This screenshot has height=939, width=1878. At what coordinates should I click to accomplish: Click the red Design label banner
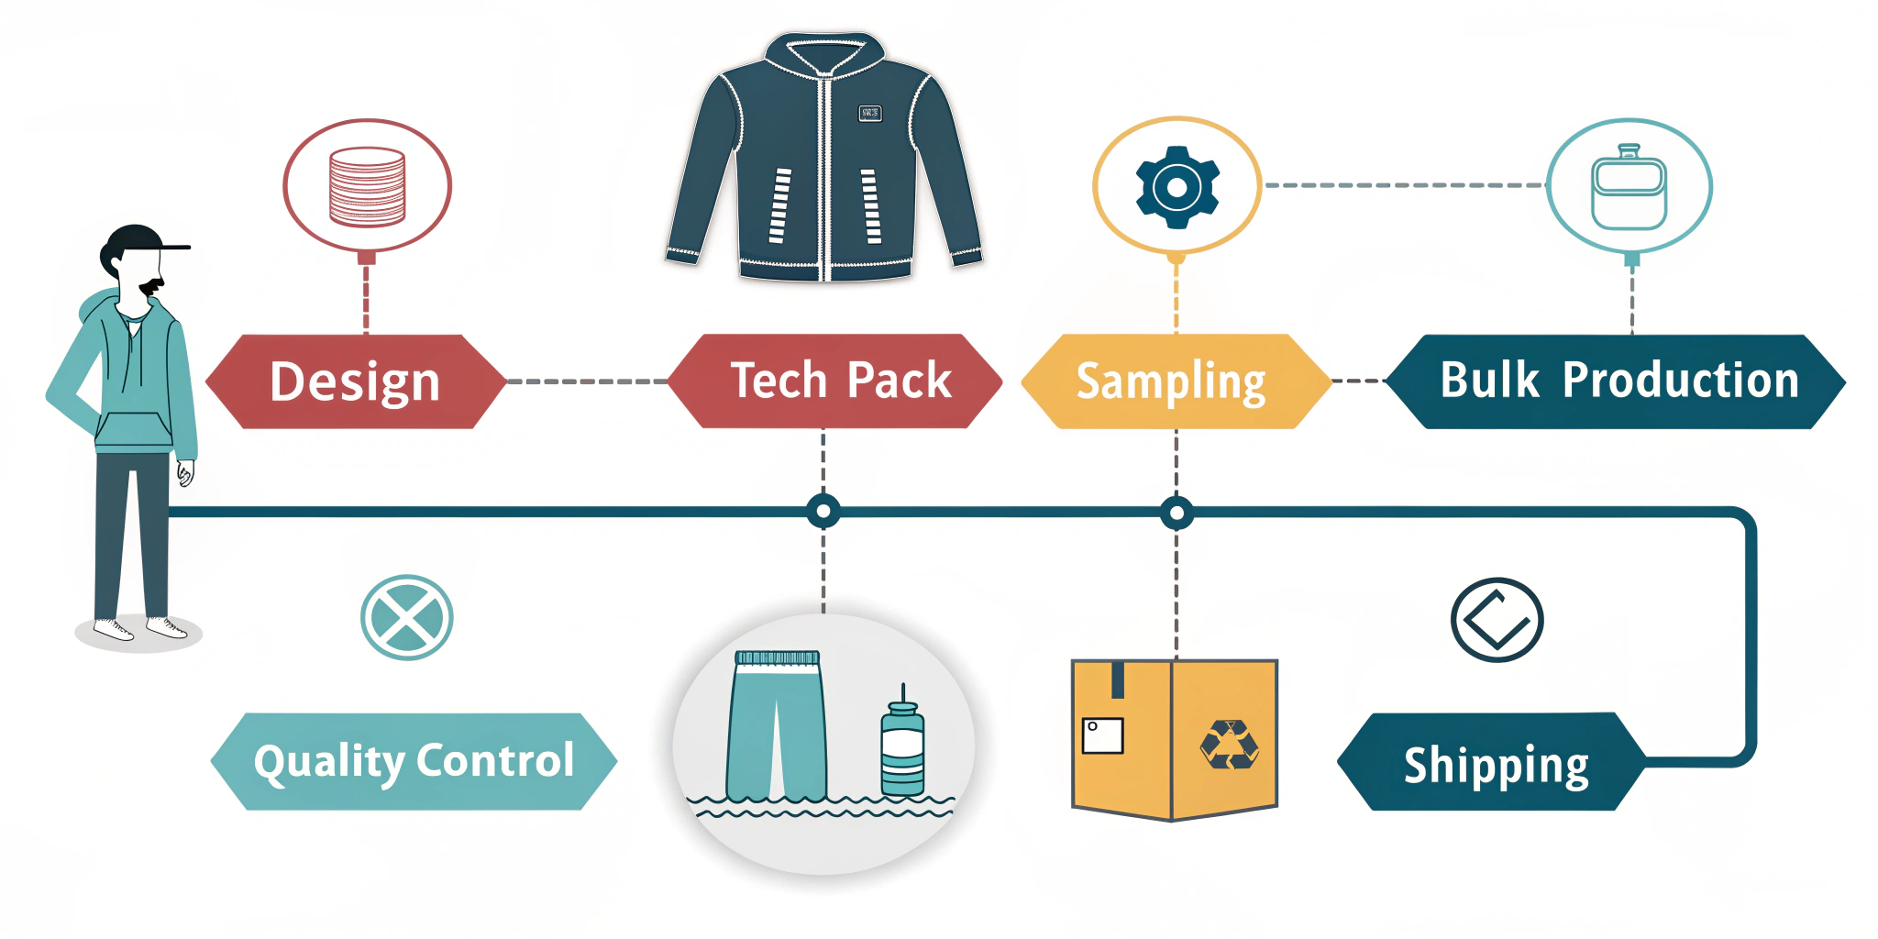[356, 381]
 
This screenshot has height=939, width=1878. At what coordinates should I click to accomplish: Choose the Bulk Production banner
[1616, 381]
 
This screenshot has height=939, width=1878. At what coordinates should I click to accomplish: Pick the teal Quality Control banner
[414, 761]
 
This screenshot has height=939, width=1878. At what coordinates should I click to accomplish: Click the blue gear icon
[1177, 187]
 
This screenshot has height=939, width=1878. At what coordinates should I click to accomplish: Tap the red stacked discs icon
[367, 186]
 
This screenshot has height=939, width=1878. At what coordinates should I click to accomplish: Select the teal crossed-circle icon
[406, 617]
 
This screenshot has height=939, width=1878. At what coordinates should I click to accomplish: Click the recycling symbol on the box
[1229, 745]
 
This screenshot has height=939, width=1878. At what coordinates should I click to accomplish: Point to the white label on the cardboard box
[1102, 735]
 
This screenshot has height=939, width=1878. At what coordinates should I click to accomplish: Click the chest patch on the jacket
[869, 113]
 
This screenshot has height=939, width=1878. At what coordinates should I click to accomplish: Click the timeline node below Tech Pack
[823, 511]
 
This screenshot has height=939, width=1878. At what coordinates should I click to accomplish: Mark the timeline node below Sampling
[1177, 513]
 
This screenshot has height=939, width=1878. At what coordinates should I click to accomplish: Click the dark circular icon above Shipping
[1497, 620]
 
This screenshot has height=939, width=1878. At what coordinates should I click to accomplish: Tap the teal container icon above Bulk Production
[1629, 188]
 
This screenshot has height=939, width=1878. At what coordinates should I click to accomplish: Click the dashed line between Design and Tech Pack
[587, 381]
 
